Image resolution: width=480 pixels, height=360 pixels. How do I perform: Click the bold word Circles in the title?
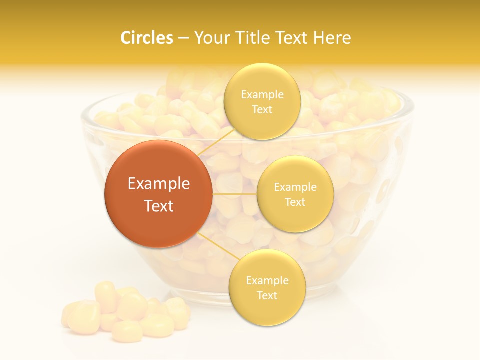click(147, 38)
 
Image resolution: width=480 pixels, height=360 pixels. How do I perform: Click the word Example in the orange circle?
click(159, 184)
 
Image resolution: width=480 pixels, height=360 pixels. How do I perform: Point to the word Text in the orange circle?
click(159, 206)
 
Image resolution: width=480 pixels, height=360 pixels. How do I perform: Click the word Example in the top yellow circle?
click(262, 95)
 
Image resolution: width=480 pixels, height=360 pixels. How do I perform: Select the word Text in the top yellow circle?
click(262, 109)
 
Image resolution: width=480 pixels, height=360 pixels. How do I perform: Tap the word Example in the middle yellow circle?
click(295, 187)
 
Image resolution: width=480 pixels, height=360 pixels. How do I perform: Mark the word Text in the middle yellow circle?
click(295, 202)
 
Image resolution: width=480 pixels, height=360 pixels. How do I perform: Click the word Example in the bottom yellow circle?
click(267, 281)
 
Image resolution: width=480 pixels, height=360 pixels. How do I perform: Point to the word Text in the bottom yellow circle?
click(267, 295)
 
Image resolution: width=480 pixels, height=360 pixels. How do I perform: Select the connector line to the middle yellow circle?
click(234, 193)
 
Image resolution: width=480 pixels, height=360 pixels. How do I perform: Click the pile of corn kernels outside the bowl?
click(125, 312)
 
